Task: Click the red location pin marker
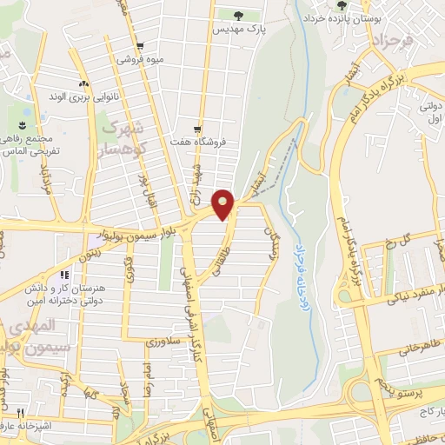223,203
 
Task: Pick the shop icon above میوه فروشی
140,46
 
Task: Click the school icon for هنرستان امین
63,276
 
